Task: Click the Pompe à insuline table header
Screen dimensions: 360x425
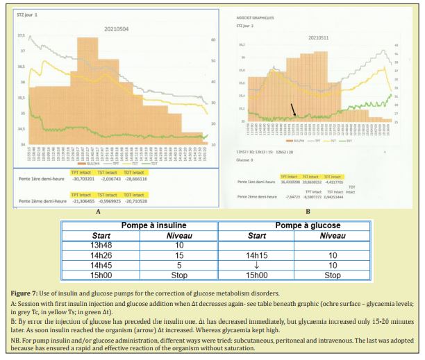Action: [x=139, y=225]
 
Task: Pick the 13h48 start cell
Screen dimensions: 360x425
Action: [x=100, y=245]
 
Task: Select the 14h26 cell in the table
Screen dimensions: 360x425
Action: [x=100, y=255]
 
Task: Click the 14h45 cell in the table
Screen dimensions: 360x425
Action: [x=100, y=265]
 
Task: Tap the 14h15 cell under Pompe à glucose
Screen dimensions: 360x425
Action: [x=257, y=255]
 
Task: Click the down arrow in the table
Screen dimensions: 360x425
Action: [x=257, y=265]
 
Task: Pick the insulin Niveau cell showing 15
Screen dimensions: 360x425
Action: [x=178, y=255]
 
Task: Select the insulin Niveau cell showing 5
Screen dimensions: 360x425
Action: [x=178, y=265]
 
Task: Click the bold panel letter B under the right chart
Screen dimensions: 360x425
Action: [x=308, y=211]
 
